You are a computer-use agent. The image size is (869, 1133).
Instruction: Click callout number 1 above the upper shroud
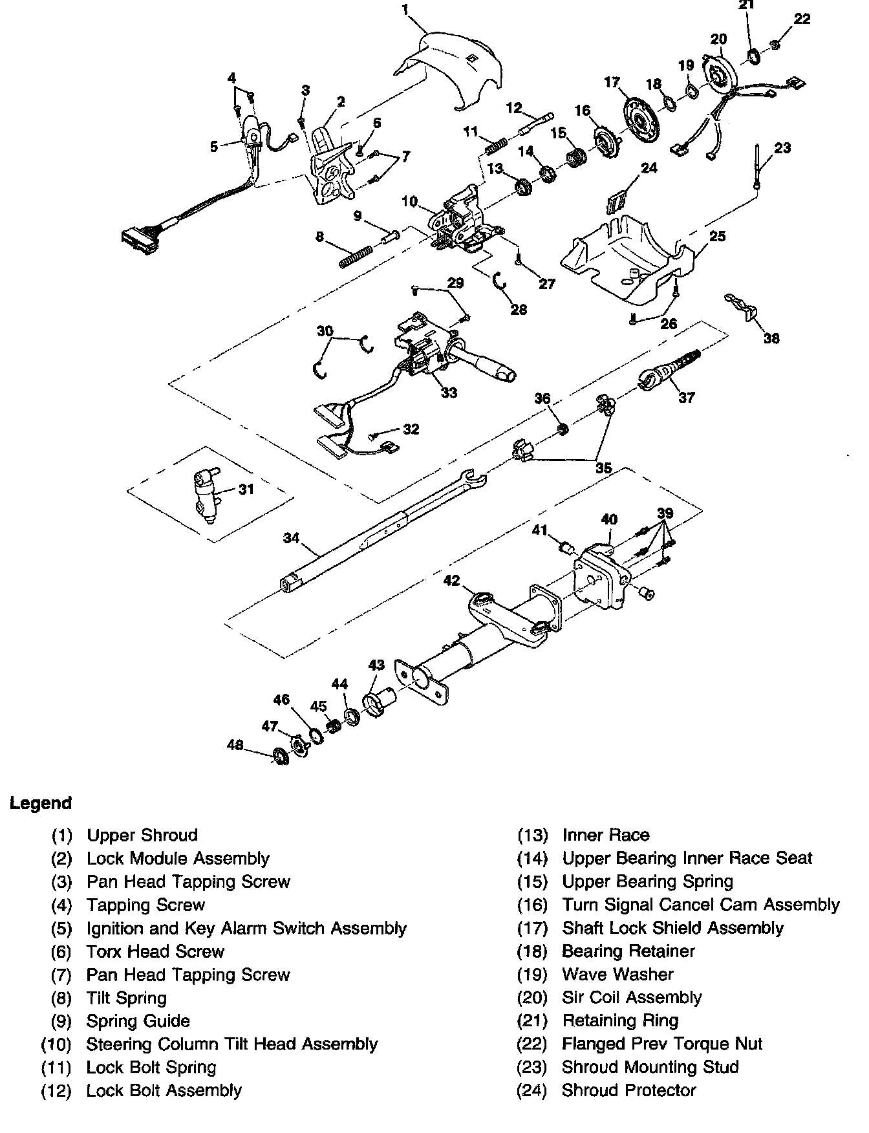[405, 10]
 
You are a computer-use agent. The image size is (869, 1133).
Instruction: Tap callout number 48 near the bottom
[235, 746]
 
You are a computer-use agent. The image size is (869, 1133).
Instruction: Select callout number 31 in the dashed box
[246, 490]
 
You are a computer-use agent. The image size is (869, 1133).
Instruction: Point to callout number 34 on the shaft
[292, 537]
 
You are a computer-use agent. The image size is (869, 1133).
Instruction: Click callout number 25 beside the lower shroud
[717, 237]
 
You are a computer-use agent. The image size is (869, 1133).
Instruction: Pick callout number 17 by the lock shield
[612, 82]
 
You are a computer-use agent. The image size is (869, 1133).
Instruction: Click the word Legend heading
[40, 803]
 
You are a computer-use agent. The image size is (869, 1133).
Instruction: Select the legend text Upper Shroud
[142, 835]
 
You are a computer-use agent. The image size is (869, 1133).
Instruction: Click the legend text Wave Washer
[617, 975]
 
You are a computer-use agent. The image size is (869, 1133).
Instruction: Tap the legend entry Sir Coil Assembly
[632, 998]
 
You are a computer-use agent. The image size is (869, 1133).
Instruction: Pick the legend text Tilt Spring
[127, 998]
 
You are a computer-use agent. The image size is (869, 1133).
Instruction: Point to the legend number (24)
[532, 1091]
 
